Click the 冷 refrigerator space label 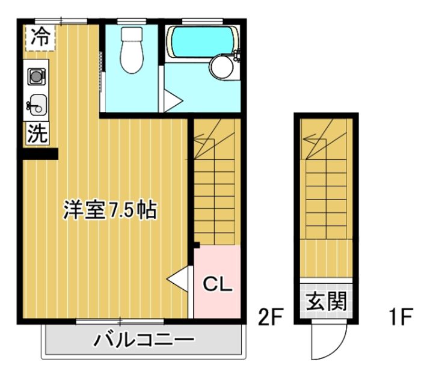(x=40, y=37)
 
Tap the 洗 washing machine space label (x=37, y=133)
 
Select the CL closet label (x=216, y=284)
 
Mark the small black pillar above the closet (x=197, y=244)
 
